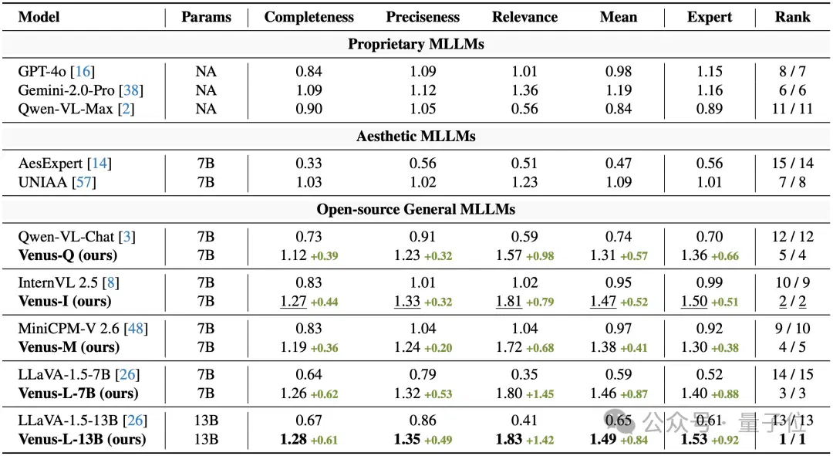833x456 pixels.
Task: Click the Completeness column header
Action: [309, 17]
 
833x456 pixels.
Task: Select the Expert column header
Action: [710, 17]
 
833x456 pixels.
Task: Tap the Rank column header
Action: [793, 17]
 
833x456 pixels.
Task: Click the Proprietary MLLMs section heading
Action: [416, 44]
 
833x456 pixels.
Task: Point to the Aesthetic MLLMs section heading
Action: [416, 137]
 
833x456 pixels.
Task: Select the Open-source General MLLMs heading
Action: [416, 209]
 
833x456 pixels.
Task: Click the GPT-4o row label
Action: [56, 71]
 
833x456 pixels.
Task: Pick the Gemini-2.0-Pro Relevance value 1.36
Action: [525, 90]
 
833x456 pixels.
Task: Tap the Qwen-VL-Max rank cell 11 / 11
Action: [793, 109]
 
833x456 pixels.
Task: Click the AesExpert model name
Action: [50, 163]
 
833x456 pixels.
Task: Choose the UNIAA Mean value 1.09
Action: [619, 182]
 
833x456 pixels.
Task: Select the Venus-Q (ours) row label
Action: [67, 255]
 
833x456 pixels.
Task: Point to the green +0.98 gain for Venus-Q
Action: [540, 256]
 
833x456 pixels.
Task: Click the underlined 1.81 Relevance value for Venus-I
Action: [509, 302]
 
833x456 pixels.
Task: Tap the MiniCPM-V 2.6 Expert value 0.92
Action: [710, 329]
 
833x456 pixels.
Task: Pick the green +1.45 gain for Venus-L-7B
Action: [540, 394]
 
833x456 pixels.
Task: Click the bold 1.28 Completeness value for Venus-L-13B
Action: [293, 440]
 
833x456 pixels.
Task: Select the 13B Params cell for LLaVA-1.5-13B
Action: [206, 421]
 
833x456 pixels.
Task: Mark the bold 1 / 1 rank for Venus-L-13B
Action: [793, 440]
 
